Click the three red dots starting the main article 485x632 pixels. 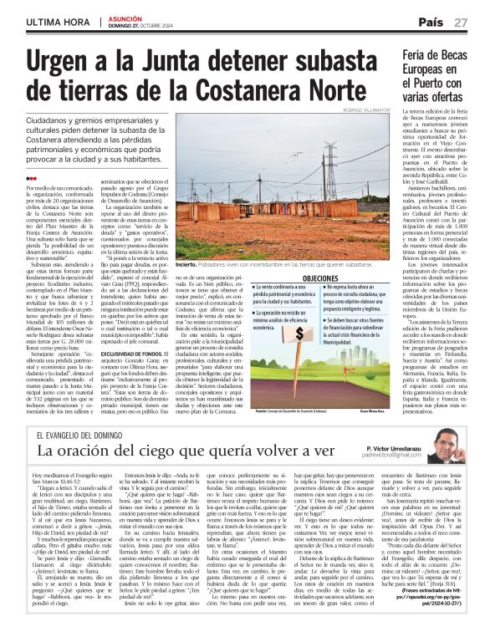(x=31, y=178)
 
